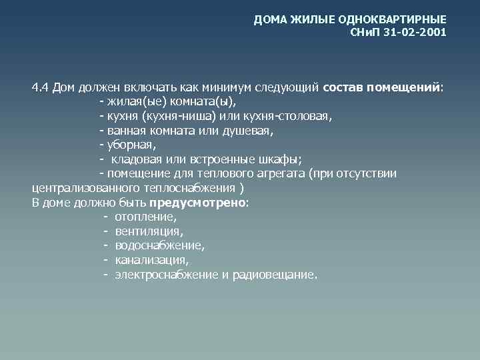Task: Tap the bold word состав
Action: tap(344, 87)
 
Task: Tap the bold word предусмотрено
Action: tap(198, 203)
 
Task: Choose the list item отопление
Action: tap(145, 217)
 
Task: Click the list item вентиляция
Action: tap(148, 231)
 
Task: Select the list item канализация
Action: tap(151, 260)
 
